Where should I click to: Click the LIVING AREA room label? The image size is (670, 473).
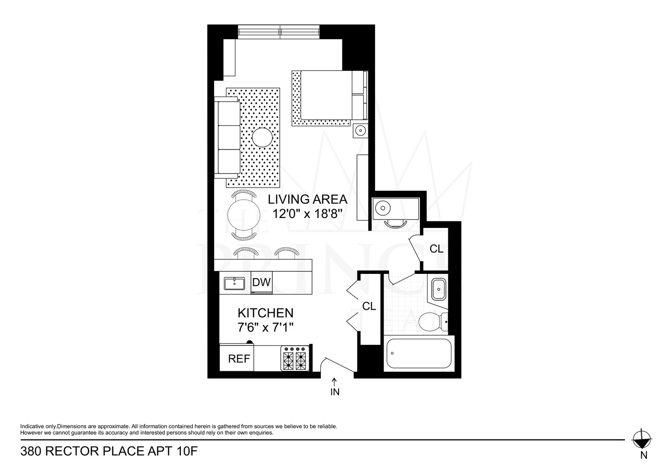(307, 199)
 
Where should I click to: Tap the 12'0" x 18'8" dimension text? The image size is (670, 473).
(307, 214)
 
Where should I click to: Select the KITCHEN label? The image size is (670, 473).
(265, 313)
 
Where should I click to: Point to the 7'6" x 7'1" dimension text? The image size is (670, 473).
(265, 327)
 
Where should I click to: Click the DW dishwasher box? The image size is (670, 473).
(261, 283)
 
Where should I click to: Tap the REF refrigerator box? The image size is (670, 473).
(239, 359)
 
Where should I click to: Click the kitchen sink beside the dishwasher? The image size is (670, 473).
(234, 283)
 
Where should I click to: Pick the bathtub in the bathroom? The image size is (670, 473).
(419, 353)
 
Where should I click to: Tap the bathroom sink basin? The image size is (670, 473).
(438, 289)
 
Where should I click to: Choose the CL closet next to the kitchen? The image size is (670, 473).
(369, 307)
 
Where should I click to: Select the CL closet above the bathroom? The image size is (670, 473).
(436, 248)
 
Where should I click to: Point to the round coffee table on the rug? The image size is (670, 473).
(262, 138)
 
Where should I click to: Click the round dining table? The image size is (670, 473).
(243, 215)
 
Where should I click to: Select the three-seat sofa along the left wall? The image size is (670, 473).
(227, 138)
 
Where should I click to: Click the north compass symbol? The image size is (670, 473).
(642, 439)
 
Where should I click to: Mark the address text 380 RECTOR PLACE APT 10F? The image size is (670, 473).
(108, 451)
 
